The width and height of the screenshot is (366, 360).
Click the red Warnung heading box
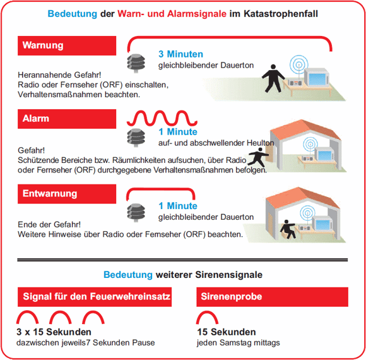tap(67, 45)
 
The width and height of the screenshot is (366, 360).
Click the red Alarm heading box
tap(67, 119)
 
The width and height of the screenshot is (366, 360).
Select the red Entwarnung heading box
tap(67, 194)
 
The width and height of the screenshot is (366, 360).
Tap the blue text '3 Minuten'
tap(180, 54)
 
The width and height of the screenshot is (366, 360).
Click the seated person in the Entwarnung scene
tap(289, 229)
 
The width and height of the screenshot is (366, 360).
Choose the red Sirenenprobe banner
tap(272, 297)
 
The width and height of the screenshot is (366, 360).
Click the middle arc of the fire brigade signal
tap(62, 317)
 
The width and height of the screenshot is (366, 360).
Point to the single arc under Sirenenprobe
tap(207, 317)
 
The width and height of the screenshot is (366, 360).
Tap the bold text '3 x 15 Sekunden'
tap(54, 332)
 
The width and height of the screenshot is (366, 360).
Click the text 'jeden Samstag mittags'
tap(239, 343)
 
